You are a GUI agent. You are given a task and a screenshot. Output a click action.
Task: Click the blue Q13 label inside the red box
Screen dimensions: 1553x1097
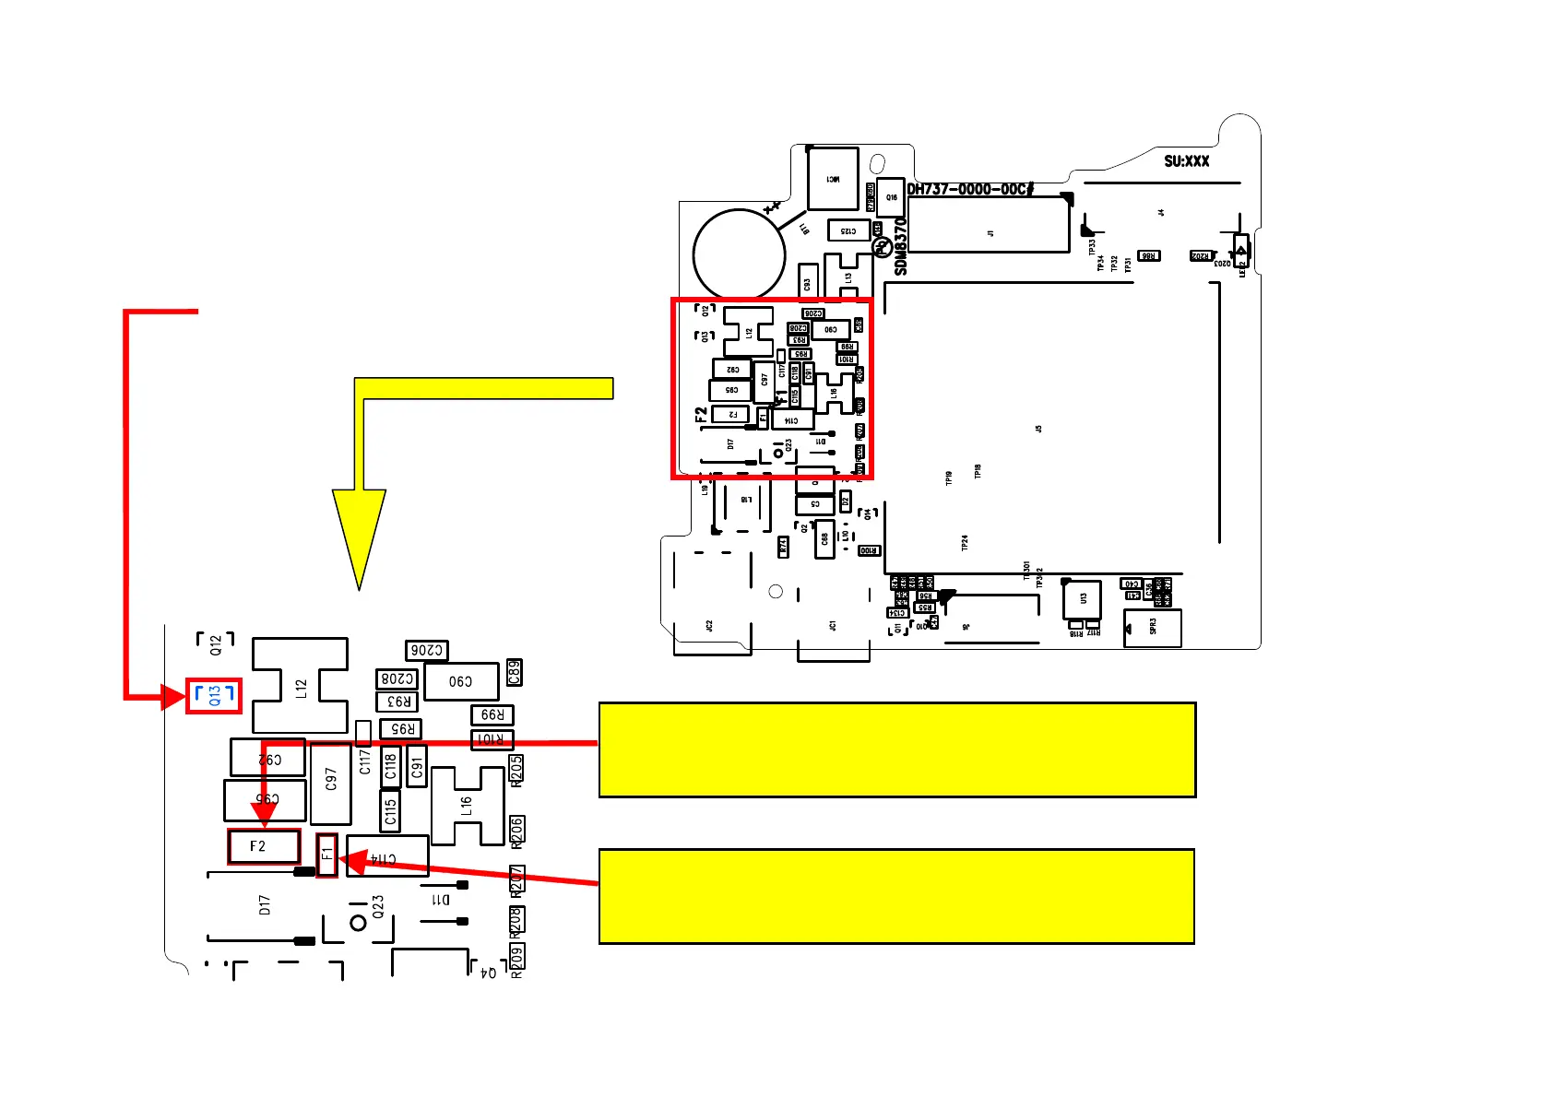click(x=214, y=695)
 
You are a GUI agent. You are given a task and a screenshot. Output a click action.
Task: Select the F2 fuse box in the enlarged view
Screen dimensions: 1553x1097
click(x=264, y=846)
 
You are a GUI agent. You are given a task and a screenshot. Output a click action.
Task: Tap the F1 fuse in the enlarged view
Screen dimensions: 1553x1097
click(x=326, y=855)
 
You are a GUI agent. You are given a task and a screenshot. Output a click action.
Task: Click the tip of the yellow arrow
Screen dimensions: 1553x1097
click(x=359, y=586)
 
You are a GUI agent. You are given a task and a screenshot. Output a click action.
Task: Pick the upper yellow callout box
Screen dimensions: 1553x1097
click(x=896, y=749)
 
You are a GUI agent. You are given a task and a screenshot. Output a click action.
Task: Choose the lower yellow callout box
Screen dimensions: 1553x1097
click(x=896, y=896)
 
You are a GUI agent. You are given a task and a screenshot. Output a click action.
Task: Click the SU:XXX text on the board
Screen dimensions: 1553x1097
click(x=1186, y=161)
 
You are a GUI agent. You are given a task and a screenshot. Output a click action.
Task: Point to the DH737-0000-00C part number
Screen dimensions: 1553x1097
click(x=969, y=189)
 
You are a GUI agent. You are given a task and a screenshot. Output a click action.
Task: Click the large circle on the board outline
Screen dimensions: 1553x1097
click(x=739, y=255)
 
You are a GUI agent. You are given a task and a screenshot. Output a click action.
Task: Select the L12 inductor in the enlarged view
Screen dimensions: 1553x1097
click(x=300, y=687)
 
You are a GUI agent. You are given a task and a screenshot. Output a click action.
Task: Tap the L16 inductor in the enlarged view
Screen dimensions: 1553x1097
click(x=467, y=807)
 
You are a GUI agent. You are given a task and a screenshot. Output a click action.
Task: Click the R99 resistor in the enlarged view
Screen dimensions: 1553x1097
click(x=492, y=715)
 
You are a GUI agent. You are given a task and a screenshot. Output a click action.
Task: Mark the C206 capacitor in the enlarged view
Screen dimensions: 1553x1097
click(x=426, y=651)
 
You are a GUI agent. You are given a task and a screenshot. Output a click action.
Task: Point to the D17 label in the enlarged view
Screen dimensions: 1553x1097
click(x=265, y=905)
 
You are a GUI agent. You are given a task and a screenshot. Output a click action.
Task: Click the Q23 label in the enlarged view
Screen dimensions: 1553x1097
click(x=378, y=907)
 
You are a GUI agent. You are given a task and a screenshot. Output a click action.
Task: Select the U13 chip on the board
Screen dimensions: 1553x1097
click(x=1083, y=598)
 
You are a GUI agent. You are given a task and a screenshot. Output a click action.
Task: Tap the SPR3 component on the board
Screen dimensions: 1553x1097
click(x=1153, y=628)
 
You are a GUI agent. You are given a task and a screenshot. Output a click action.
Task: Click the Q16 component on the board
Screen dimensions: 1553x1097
click(x=891, y=197)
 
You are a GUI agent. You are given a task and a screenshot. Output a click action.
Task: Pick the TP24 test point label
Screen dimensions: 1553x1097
click(x=965, y=543)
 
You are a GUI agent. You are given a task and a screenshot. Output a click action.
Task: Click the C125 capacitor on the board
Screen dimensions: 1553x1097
click(x=848, y=230)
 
